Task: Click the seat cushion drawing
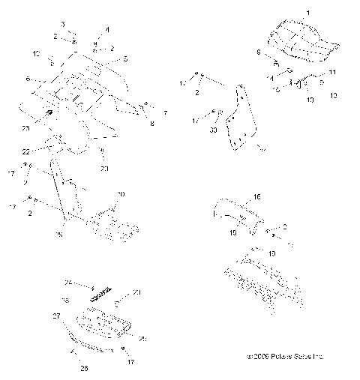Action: pyautogui.click(x=300, y=41)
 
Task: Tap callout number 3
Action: pyautogui.click(x=62, y=25)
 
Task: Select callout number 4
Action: pyautogui.click(x=106, y=29)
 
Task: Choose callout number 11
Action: pyautogui.click(x=332, y=70)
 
